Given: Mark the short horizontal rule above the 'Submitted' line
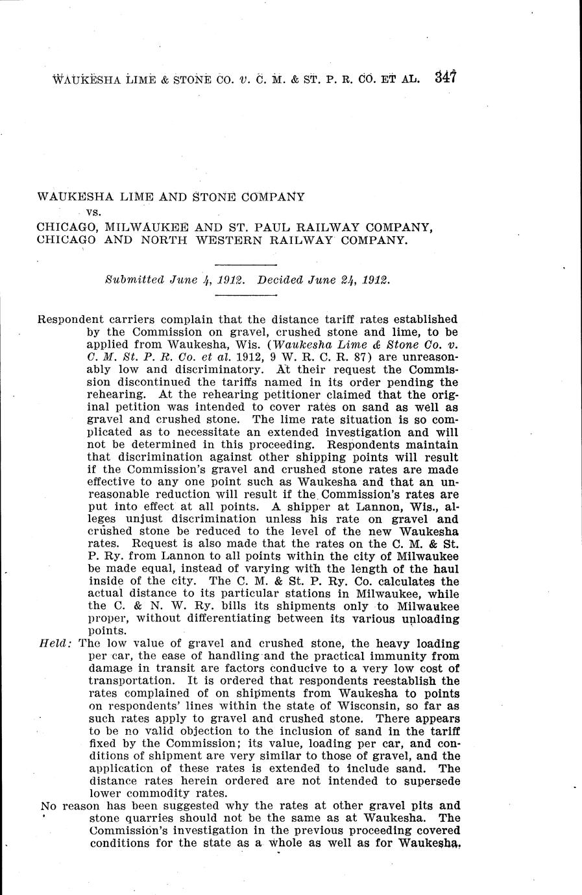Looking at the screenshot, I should pos(245,265).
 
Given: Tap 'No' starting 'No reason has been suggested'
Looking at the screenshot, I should pos(48,806).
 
